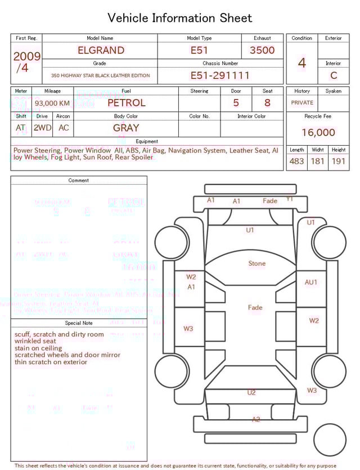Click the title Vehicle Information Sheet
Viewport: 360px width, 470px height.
pos(180,18)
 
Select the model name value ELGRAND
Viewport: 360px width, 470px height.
pos(101,50)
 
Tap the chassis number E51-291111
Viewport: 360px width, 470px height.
pos(220,75)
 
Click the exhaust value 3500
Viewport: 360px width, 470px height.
pos(262,50)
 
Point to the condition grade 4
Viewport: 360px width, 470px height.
pos(302,62)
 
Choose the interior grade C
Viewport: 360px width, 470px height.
pos(334,75)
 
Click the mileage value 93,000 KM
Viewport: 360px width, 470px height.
pos(52,104)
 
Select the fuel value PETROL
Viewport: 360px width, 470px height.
pos(126,102)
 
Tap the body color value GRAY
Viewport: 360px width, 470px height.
pos(126,128)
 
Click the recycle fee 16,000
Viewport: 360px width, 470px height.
pos(318,132)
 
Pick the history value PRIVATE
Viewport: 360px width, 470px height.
pos(302,103)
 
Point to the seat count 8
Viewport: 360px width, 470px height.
pos(267,103)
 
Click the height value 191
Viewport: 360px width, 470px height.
pos(339,161)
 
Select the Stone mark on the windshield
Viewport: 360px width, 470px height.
pos(257,263)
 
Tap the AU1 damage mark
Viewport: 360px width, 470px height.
pos(311,282)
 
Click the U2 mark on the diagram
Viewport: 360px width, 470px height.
pos(251,392)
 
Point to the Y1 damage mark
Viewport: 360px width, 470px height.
pos(290,199)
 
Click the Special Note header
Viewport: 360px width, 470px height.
pos(79,323)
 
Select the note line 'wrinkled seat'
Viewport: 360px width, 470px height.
pos(35,341)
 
